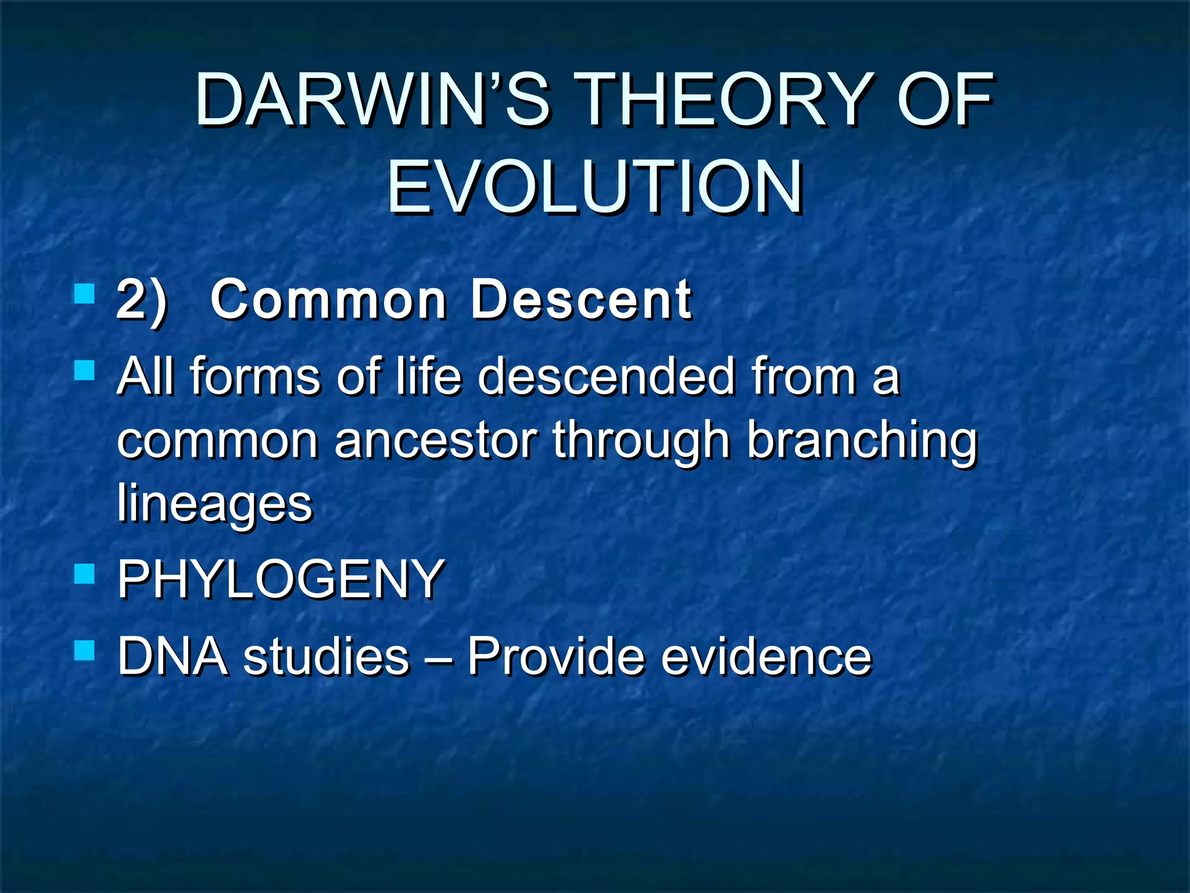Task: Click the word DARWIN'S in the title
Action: (x=372, y=100)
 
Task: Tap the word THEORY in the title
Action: (x=723, y=100)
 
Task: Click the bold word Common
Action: (x=329, y=299)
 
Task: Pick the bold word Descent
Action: (x=581, y=299)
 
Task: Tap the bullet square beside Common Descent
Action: (x=85, y=294)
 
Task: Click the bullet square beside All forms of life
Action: (x=85, y=370)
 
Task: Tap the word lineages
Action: (x=214, y=504)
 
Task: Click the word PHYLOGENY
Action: (x=281, y=579)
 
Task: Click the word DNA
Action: (x=173, y=656)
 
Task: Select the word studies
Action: (x=326, y=656)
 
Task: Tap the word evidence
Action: (x=766, y=656)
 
